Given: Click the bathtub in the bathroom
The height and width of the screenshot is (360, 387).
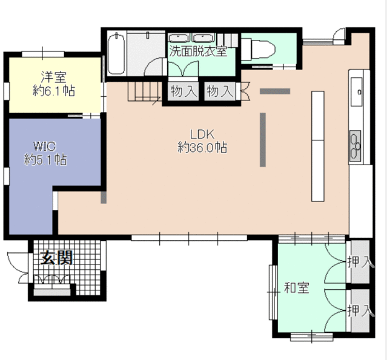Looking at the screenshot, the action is point(116,54).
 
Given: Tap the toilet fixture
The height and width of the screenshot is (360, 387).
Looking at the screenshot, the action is point(259,49).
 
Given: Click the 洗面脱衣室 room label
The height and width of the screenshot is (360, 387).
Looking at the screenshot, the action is point(198,51).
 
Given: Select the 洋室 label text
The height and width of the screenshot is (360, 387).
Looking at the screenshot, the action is point(53,76).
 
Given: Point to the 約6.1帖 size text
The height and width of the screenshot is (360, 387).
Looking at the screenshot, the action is point(54,91).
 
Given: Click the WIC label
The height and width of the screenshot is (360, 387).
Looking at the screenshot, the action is point(45,146).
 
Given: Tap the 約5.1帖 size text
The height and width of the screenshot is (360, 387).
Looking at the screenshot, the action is point(45,160).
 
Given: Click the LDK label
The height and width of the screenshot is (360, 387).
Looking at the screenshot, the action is point(202,134).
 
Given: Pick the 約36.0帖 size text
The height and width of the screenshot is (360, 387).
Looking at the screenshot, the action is point(202,148).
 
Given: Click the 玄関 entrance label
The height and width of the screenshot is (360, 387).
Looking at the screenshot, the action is point(57,258).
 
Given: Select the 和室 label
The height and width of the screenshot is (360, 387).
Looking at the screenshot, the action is point(296,287).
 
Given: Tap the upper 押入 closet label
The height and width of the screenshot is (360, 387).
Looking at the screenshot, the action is point(360,262).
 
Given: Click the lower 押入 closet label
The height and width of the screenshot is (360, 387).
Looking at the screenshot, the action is point(360,310).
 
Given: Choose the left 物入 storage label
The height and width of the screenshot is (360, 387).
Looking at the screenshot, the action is point(184,91).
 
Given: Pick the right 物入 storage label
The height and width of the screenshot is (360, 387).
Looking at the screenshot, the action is point(220,91).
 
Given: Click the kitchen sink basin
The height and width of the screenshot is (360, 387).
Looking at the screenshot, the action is point(357,91).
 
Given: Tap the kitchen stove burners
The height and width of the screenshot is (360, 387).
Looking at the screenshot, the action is point(356,146).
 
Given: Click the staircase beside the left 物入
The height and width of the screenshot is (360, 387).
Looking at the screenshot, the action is point(145,91).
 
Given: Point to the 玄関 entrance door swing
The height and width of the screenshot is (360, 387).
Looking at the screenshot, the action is point(19,267).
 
